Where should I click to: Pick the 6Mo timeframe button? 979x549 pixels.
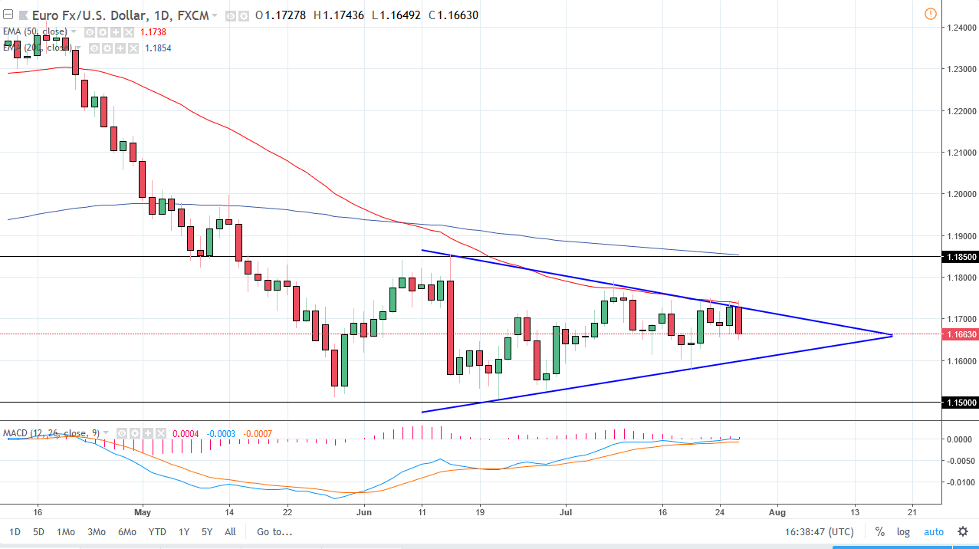coord(127,531)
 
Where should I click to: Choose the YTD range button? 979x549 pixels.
coord(157,531)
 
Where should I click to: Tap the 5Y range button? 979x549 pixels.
coord(207,531)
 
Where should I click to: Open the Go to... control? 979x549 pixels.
coord(274,531)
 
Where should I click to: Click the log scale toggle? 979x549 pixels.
coord(904,531)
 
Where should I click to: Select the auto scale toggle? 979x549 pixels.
coord(933,531)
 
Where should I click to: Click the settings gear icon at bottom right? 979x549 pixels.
coord(963,531)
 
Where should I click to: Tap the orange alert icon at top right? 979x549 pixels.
coord(930,14)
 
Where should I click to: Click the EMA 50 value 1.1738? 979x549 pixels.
coord(153,31)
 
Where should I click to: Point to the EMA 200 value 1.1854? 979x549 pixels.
coord(158,48)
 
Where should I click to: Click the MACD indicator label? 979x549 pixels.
coord(51,433)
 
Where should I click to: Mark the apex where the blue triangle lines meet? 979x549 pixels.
coord(892,335)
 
